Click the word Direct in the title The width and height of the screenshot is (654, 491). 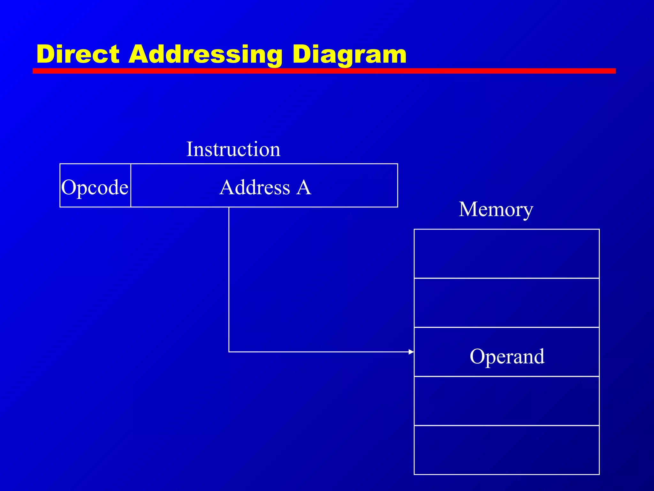point(78,54)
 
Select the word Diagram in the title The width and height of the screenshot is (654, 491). point(349,54)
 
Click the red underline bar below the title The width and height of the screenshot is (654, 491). point(324,71)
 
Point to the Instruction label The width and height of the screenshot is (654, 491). point(233,149)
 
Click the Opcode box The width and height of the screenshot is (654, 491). point(95,187)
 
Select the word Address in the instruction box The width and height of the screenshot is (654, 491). point(255,187)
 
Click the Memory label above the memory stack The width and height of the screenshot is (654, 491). point(496,210)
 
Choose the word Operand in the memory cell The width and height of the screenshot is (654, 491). point(507,356)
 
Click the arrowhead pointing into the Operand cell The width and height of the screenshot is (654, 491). point(411,352)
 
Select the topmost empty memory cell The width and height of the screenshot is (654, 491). point(506,254)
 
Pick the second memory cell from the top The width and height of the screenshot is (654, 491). point(506,303)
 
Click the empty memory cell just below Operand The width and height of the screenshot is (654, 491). point(506,401)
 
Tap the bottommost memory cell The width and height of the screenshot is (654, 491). point(506,450)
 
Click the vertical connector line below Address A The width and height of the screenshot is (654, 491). point(229,278)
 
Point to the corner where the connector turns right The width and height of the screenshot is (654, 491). point(229,352)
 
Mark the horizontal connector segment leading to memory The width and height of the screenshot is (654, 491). point(319,352)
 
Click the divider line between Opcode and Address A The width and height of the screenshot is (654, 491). point(131,185)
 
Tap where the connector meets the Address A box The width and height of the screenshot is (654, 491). point(229,207)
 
